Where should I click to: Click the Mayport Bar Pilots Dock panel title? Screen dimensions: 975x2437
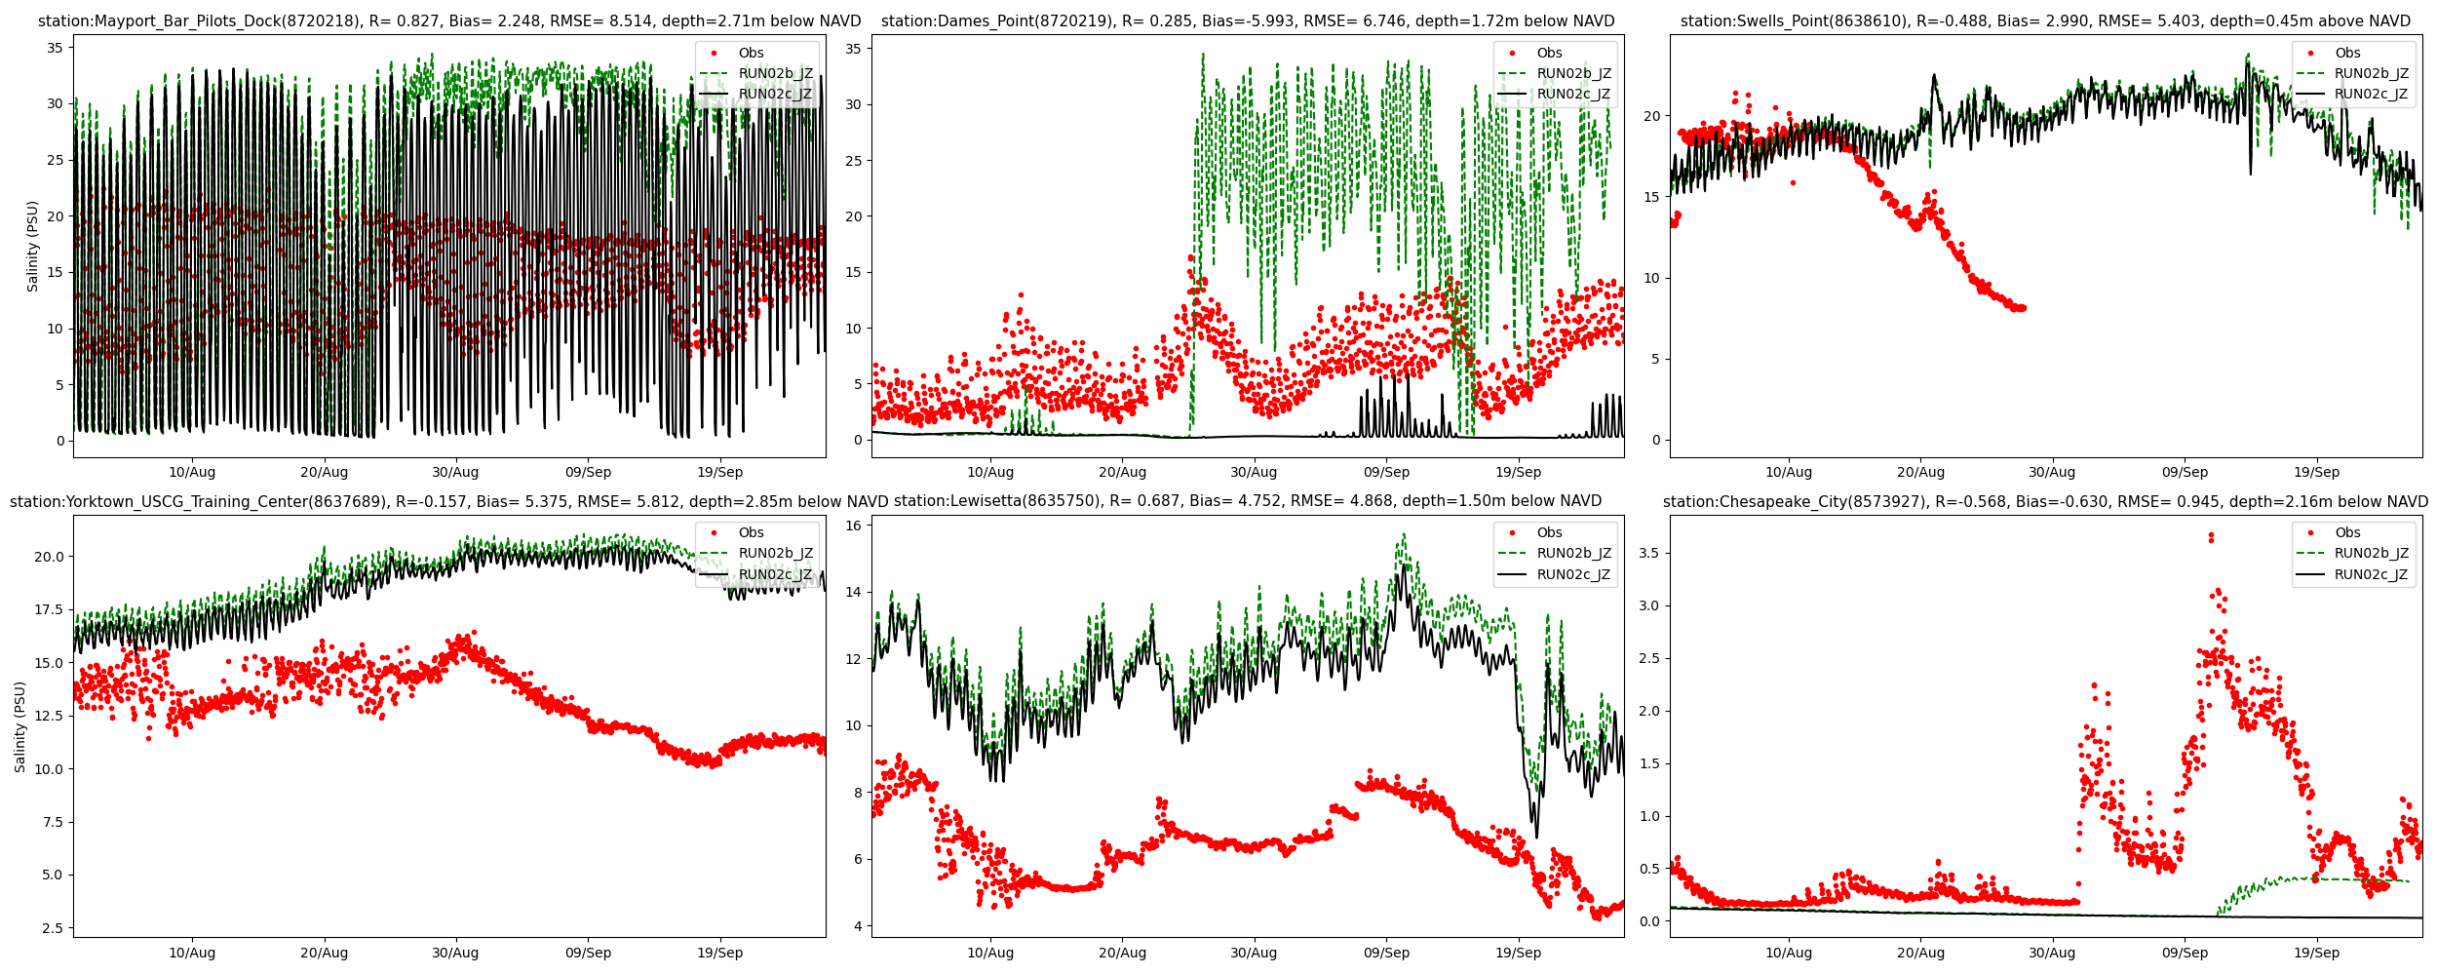449,21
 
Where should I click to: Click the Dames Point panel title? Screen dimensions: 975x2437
1248,21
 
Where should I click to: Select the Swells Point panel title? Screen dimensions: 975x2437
2045,21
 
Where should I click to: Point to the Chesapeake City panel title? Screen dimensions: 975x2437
2045,502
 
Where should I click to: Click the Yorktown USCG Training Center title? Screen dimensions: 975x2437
449,502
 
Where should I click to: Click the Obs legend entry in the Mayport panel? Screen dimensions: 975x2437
751,53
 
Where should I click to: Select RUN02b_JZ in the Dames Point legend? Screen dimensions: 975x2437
1573,73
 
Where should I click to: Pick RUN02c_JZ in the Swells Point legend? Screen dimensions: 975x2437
2371,95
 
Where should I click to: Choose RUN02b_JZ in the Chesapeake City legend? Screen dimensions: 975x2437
2371,553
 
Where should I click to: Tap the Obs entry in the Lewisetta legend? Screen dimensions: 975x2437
1549,532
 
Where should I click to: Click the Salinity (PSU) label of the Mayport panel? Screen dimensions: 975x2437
33,246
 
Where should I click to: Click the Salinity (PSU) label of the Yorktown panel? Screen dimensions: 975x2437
20,726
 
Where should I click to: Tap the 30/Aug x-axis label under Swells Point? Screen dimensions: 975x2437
2052,472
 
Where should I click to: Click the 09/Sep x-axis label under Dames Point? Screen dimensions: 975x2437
1386,472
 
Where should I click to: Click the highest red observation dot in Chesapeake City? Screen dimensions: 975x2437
2211,534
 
